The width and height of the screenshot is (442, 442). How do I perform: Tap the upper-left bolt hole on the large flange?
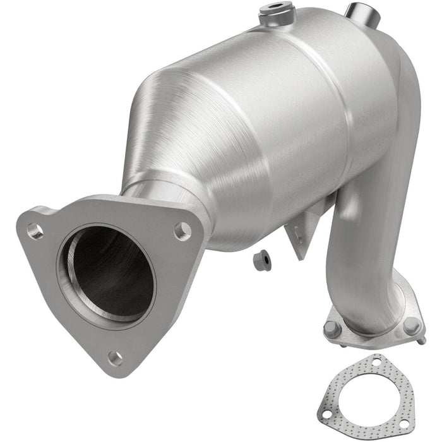[35, 232]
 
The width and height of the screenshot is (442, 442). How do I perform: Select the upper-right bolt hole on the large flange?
[182, 231]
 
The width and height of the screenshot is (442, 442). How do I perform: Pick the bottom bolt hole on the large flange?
[114, 358]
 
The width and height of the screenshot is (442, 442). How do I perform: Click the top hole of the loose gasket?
[377, 363]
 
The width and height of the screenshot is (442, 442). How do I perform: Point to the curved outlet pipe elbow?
[369, 253]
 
